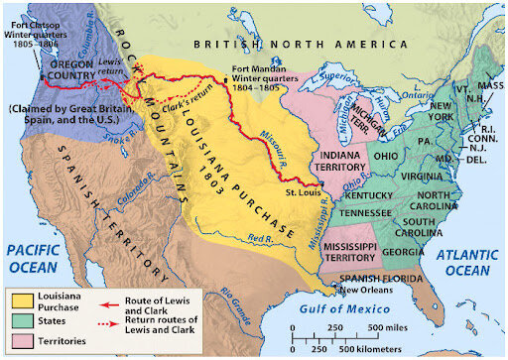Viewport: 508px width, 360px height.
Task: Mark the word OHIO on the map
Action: [x=386, y=155]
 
